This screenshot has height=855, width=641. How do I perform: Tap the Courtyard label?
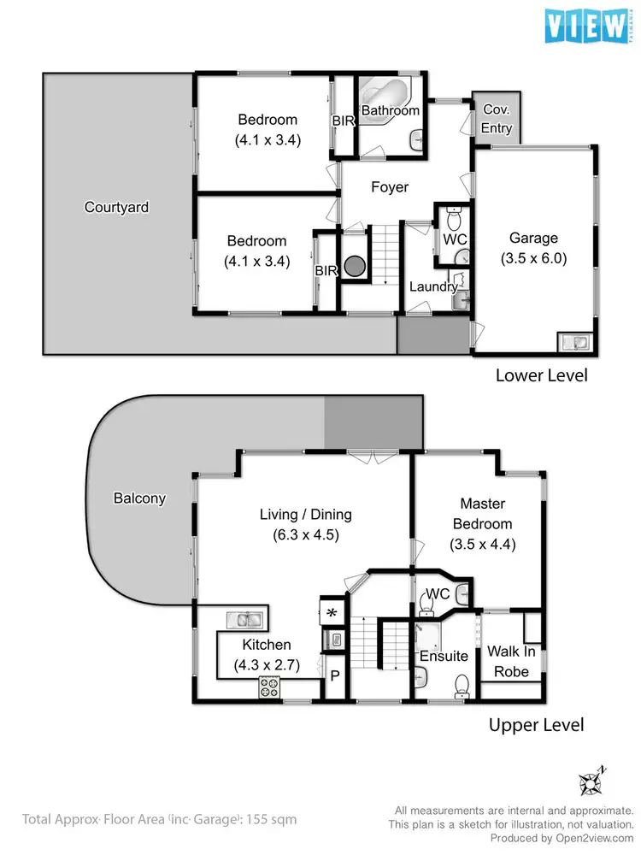[116, 207]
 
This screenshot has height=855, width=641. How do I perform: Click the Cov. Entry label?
[497, 119]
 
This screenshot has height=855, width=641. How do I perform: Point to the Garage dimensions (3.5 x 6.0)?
[533, 257]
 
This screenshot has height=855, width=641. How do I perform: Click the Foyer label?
[389, 187]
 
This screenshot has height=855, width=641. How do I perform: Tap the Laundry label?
[432, 286]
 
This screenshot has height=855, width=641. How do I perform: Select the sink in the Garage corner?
[573, 342]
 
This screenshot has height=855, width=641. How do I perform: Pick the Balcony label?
[138, 498]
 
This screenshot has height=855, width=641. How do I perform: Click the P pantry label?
[333, 675]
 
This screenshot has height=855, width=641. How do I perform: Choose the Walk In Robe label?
[511, 661]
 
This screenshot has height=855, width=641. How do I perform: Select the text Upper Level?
[536, 725]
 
